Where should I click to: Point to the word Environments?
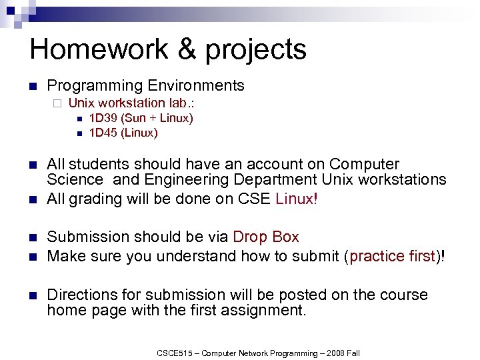(196, 86)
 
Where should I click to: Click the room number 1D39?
(103, 118)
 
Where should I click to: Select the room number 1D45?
(103, 133)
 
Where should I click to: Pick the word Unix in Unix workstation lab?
(81, 103)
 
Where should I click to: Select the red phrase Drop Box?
(266, 237)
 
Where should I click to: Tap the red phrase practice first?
(391, 256)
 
